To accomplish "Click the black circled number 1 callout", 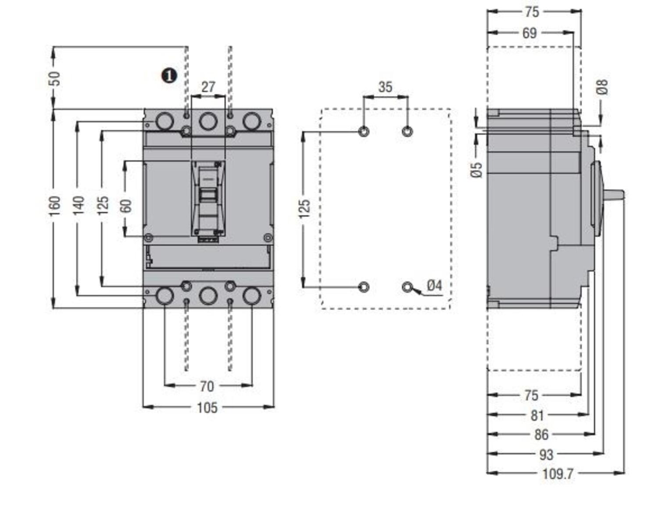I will coord(169,76).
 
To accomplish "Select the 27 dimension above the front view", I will coord(208,87).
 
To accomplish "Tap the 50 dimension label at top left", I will coord(54,78).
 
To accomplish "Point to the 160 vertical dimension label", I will coord(54,206).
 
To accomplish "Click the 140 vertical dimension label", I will coord(79,206).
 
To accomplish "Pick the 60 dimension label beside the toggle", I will coord(126,206).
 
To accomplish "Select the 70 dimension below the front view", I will coord(207,386).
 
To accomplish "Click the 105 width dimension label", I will coord(207,408).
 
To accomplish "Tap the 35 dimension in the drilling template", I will coord(385,87).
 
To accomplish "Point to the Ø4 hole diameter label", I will coord(434,285).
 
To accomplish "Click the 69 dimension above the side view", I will coord(529,33).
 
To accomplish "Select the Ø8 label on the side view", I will coord(603,87).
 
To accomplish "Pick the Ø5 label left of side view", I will coord(477,170).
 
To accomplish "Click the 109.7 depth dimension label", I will coord(558,474).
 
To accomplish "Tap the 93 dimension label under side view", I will coord(546,454).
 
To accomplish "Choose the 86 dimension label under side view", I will coord(541,434).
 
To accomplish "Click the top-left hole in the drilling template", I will coord(364,131).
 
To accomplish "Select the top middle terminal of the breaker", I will coord(208,121).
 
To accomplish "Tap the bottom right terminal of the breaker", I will coord(252,296).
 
